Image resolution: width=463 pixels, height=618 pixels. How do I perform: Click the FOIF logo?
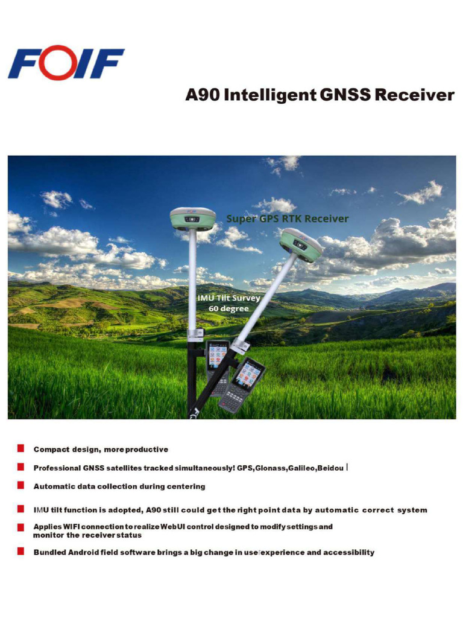point(66,63)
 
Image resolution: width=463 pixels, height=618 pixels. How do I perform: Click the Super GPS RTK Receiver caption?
point(287,218)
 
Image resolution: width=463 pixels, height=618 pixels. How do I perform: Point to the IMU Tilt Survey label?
point(228,298)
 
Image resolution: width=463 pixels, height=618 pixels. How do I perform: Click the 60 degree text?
point(228,308)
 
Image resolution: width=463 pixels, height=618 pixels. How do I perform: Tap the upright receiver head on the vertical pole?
point(192,218)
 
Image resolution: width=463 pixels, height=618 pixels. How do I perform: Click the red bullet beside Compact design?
point(20,448)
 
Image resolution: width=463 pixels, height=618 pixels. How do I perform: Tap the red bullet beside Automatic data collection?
point(20,485)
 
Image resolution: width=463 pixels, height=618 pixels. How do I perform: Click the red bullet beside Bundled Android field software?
point(20,551)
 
